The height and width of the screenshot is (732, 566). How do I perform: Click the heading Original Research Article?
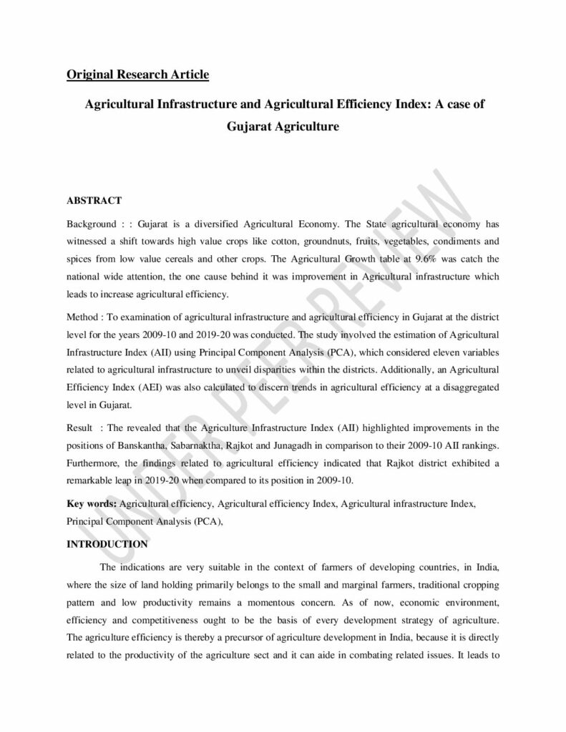tap(137, 74)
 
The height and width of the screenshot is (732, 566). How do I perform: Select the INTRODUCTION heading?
tap(107, 544)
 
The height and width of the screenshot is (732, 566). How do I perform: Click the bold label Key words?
tap(92, 504)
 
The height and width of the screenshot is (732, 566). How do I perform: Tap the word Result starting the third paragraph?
tap(81, 427)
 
